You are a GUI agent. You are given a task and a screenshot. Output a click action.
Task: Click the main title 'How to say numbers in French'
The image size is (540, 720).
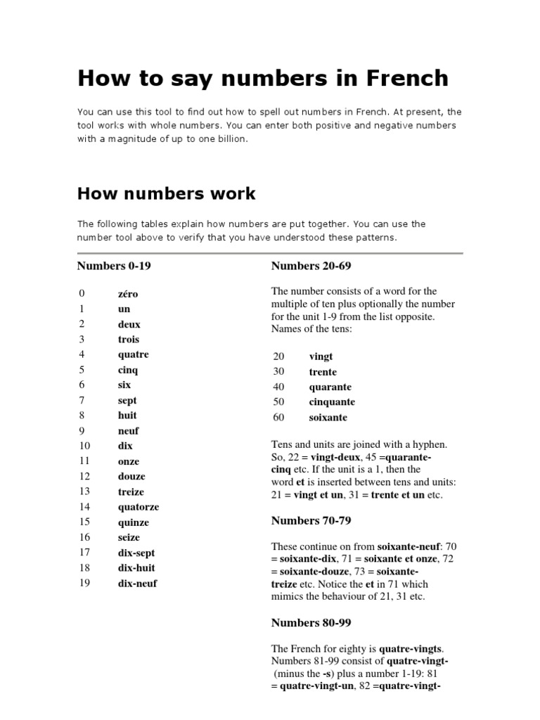pyautogui.click(x=262, y=78)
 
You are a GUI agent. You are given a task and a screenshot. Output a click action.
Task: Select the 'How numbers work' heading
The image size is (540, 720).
pyautogui.click(x=166, y=193)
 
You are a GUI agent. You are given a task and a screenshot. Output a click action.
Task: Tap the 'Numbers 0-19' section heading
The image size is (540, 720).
pyautogui.click(x=114, y=266)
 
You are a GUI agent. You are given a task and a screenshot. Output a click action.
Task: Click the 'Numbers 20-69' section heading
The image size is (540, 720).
pyautogui.click(x=311, y=266)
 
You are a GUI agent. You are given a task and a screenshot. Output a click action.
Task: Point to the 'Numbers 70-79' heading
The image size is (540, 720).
pyautogui.click(x=311, y=520)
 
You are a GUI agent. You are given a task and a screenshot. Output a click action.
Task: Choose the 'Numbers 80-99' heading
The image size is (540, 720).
pyautogui.click(x=311, y=622)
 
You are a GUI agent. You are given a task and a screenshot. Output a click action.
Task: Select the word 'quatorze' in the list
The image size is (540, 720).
pyautogui.click(x=138, y=507)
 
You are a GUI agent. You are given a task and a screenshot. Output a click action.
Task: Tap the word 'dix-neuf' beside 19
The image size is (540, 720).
pyautogui.click(x=137, y=583)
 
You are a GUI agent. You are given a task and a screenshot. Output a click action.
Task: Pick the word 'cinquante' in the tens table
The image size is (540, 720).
pyautogui.click(x=332, y=402)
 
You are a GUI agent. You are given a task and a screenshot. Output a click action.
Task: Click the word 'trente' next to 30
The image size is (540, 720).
pyautogui.click(x=323, y=372)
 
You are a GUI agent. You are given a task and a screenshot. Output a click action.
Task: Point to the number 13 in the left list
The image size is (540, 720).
pyautogui.click(x=84, y=491)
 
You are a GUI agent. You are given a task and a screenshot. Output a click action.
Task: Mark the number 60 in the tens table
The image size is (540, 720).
pyautogui.click(x=278, y=418)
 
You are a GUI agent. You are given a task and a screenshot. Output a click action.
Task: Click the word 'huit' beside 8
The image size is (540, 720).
pyautogui.click(x=127, y=416)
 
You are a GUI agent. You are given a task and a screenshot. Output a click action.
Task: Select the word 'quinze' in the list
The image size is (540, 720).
pyautogui.click(x=134, y=522)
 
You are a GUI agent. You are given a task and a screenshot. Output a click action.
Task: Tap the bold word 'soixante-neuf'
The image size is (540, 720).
pyautogui.click(x=410, y=546)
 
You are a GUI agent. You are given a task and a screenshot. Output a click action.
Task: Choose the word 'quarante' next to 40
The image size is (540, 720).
pyautogui.click(x=330, y=387)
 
